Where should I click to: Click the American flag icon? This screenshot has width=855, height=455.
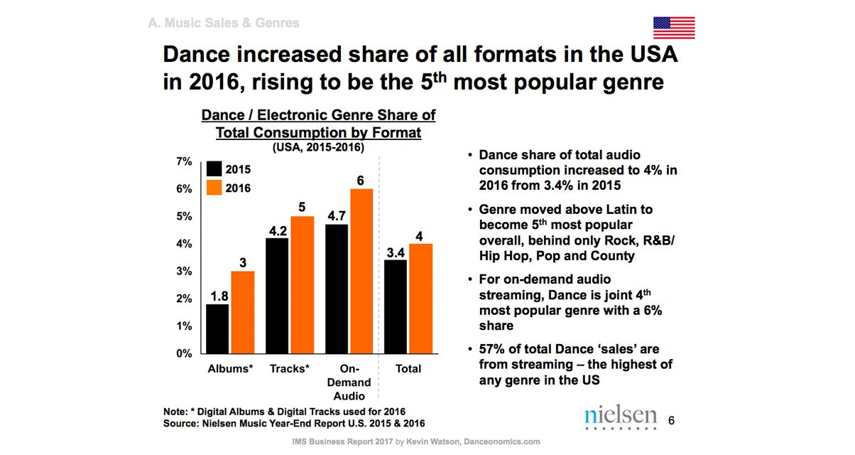pyautogui.click(x=674, y=27)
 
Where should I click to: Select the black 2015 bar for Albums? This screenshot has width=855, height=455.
pyautogui.click(x=217, y=328)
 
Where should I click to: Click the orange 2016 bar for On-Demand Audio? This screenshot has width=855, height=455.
pyautogui.click(x=361, y=271)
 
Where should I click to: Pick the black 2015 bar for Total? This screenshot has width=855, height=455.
pyautogui.click(x=396, y=306)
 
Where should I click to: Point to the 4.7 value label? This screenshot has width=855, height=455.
pyautogui.click(x=337, y=215)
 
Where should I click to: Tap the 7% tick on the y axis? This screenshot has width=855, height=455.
pyautogui.click(x=183, y=161)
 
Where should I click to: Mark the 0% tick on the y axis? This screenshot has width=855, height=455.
pyautogui.click(x=183, y=353)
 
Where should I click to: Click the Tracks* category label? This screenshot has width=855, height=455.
pyautogui.click(x=290, y=368)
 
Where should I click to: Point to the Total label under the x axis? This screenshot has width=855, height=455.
pyautogui.click(x=408, y=368)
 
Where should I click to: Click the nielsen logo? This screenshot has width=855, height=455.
pyautogui.click(x=621, y=419)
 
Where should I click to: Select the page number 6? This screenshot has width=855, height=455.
pyautogui.click(x=672, y=421)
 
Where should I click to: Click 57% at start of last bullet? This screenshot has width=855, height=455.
pyautogui.click(x=493, y=349)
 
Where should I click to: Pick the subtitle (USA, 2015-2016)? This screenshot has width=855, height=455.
pyautogui.click(x=318, y=148)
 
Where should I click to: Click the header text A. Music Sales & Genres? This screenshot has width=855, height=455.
pyautogui.click(x=224, y=23)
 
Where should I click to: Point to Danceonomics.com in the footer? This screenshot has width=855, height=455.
pyautogui.click(x=502, y=441)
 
